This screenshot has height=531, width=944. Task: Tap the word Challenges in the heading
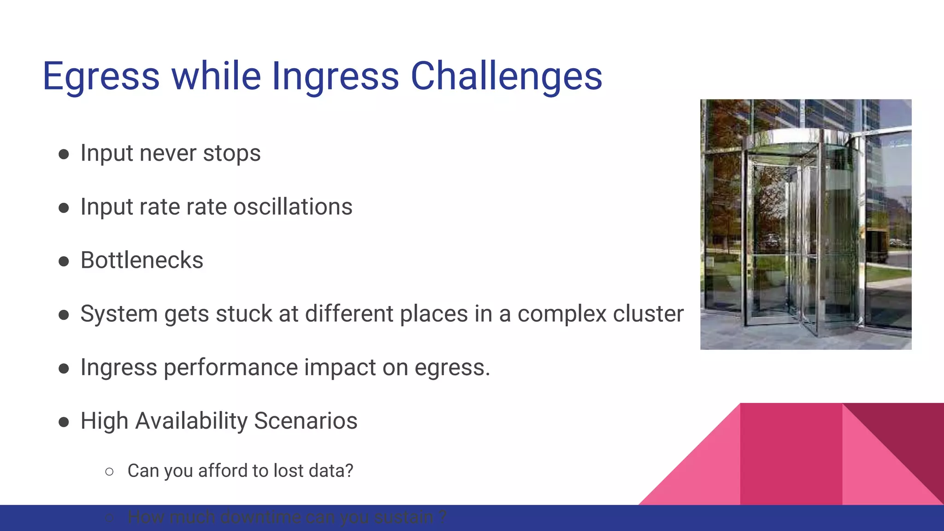click(x=506, y=76)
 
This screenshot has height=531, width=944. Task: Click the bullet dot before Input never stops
click(x=64, y=154)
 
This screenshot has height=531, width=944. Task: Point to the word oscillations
click(x=293, y=207)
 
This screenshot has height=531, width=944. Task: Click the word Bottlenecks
click(x=142, y=260)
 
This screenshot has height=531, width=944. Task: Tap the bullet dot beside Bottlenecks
click(x=64, y=261)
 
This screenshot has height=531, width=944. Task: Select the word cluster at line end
click(x=648, y=314)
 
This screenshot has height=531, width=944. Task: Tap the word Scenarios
click(x=305, y=421)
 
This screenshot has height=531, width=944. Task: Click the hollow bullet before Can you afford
click(x=109, y=472)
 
